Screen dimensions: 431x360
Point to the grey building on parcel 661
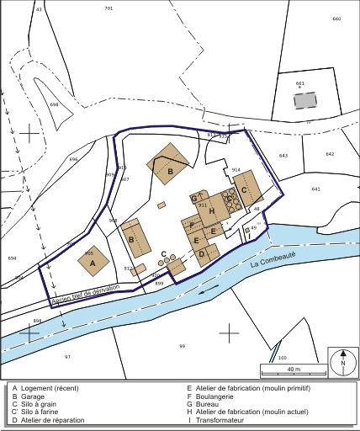(304, 100)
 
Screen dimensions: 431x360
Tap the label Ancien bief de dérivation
(86, 294)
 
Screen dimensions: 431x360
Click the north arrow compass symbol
(342, 363)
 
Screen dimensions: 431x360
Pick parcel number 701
(109, 8)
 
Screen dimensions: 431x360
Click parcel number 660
(336, 19)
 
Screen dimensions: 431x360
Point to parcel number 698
(54, 104)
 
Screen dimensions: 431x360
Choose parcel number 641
(315, 189)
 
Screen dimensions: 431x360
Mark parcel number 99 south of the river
(182, 346)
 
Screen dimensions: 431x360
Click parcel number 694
(11, 258)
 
